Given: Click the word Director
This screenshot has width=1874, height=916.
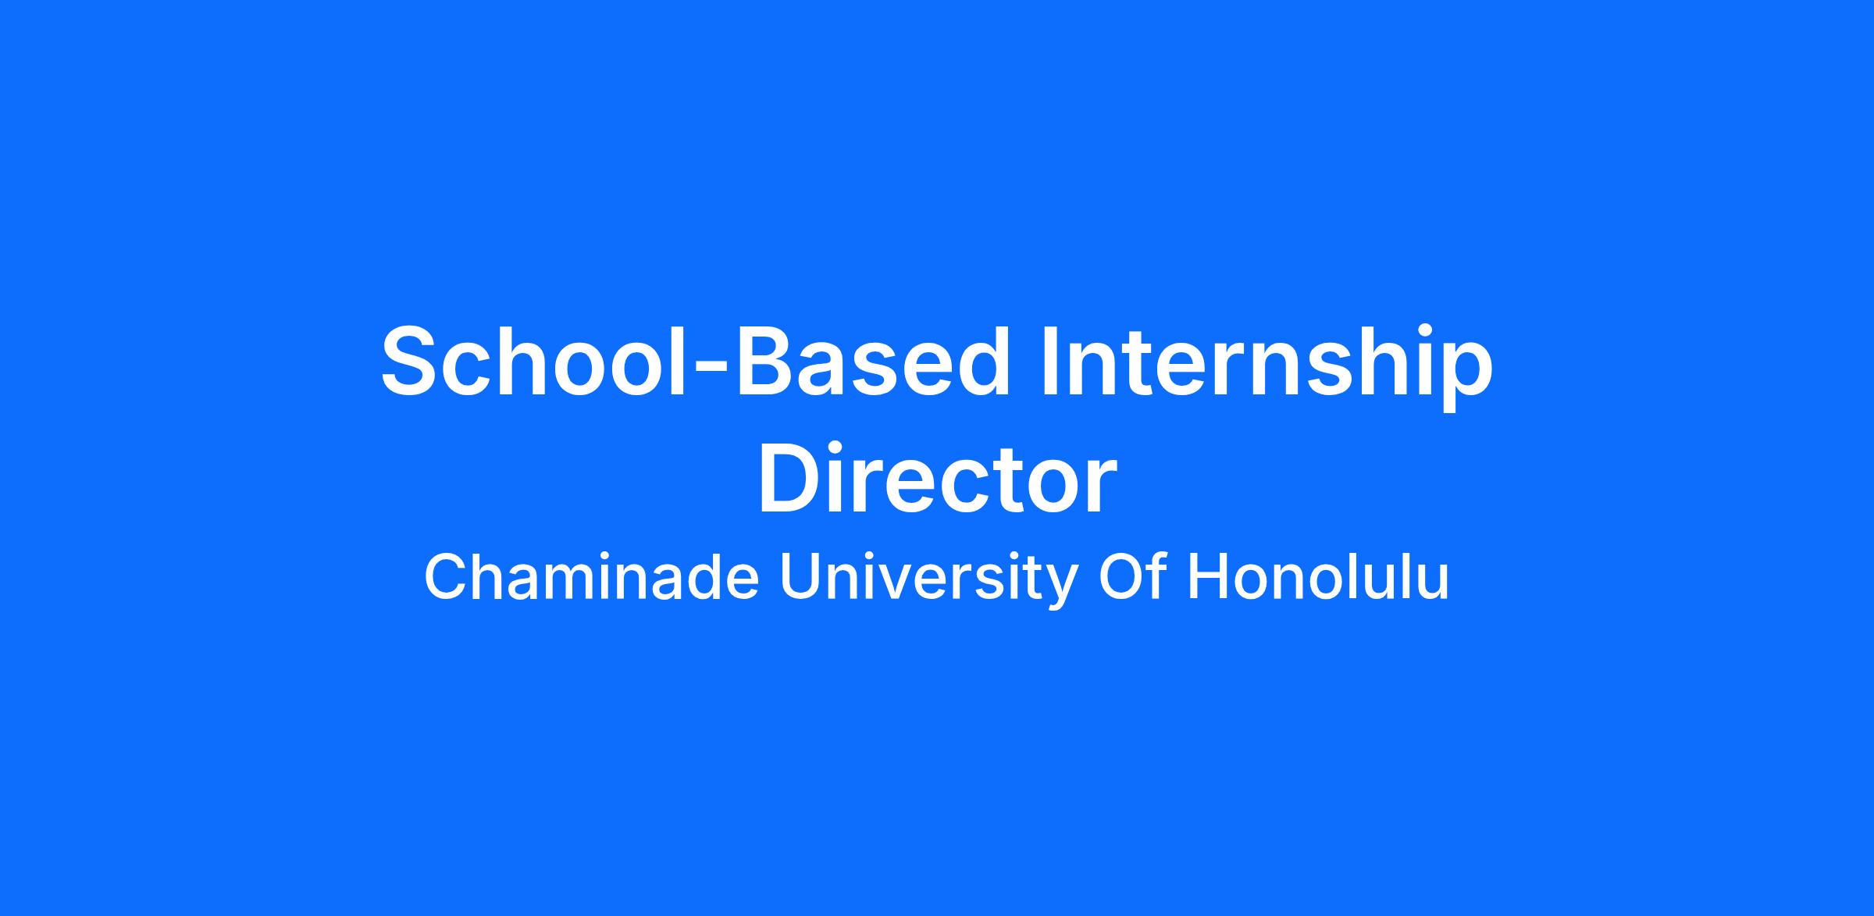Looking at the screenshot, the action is pyautogui.click(x=937, y=478).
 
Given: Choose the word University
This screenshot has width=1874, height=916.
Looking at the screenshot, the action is pyautogui.click(x=929, y=582).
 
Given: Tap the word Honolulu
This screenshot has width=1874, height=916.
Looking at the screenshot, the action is pyautogui.click(x=1318, y=577).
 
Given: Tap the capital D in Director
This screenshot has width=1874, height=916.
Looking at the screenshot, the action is pyautogui.click(x=789, y=478).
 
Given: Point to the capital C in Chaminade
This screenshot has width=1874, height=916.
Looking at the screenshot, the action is pyautogui.click(x=445, y=577).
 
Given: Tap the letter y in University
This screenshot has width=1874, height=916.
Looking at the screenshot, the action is pyautogui.click(x=1063, y=589).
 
